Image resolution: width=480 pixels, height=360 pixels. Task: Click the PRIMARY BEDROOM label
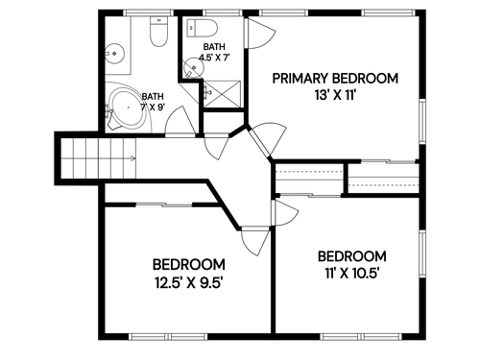(x=335, y=79)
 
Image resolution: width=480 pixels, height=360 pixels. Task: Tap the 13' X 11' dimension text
(x=335, y=95)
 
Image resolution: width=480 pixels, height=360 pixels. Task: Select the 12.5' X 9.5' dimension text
(x=189, y=282)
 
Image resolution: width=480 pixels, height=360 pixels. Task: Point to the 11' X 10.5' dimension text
(x=352, y=274)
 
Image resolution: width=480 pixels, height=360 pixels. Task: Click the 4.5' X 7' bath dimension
(x=214, y=58)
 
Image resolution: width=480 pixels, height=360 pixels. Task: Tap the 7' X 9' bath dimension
(x=153, y=107)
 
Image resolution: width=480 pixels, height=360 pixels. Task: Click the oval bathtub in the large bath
(x=128, y=108)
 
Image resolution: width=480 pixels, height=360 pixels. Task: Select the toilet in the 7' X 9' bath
(x=158, y=32)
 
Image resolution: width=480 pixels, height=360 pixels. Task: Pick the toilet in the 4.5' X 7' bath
(x=202, y=28)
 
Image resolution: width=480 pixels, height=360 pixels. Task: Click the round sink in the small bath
(x=193, y=67)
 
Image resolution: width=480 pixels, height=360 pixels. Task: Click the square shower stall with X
(x=222, y=94)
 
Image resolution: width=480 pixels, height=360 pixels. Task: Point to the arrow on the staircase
(x=132, y=157)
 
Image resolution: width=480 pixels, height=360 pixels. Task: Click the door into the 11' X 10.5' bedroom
(x=284, y=213)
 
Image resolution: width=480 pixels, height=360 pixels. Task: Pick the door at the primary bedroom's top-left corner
(x=259, y=33)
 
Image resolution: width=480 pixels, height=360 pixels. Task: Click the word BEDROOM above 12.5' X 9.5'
(x=189, y=265)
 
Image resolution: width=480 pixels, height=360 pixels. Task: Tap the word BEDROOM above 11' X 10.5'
(x=352, y=256)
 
